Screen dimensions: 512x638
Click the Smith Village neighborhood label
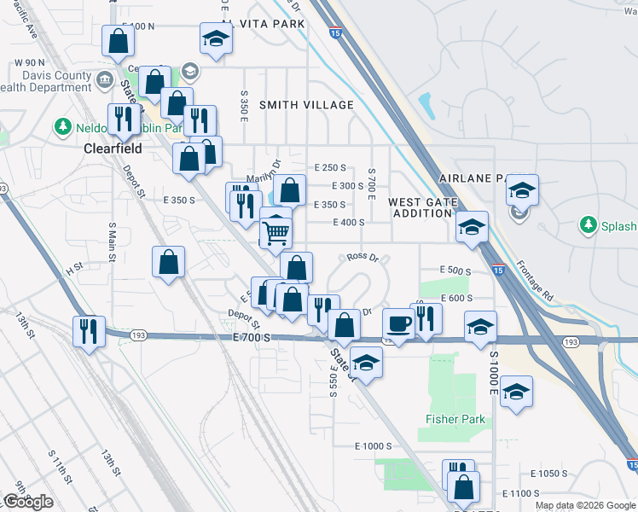point(306,105)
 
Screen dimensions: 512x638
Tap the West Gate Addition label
point(423,207)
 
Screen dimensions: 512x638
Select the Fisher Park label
point(455,419)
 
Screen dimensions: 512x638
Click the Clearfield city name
point(112,148)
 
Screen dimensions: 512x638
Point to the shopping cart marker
point(275,231)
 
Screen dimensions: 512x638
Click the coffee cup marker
point(398,323)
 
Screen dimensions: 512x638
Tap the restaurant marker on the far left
point(90,331)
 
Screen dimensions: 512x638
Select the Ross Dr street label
point(362,257)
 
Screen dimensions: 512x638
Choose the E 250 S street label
point(329,168)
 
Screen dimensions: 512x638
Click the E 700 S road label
point(251,338)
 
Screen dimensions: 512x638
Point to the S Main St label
point(112,241)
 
